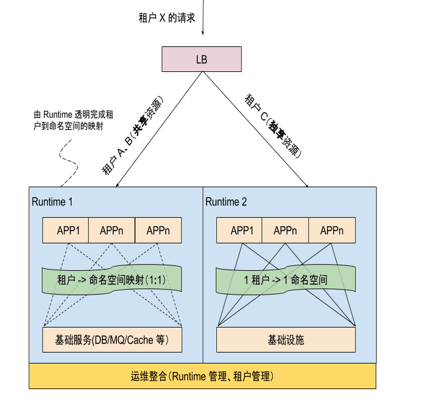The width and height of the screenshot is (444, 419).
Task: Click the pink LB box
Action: (x=202, y=59)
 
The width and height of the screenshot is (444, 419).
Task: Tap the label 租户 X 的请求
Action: (x=167, y=18)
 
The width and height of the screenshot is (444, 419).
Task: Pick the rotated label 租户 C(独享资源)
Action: (x=273, y=126)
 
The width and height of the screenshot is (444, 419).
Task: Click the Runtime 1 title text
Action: (x=52, y=201)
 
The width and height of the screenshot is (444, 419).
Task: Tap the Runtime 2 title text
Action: (x=226, y=201)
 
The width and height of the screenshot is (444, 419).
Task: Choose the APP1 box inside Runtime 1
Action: (x=66, y=231)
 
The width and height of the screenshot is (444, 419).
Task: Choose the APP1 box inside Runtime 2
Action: (x=240, y=231)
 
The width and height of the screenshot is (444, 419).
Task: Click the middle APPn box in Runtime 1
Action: (x=111, y=231)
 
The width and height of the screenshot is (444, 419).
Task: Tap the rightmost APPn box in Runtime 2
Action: (x=331, y=231)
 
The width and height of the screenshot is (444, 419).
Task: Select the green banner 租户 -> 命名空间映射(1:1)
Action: (x=111, y=280)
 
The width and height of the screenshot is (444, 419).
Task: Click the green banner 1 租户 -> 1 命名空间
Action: (x=286, y=280)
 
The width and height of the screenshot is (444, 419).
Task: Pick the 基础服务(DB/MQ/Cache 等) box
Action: (x=112, y=340)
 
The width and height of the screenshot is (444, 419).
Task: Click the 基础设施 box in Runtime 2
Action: (x=286, y=340)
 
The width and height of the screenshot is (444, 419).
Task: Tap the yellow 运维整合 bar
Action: (x=202, y=376)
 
